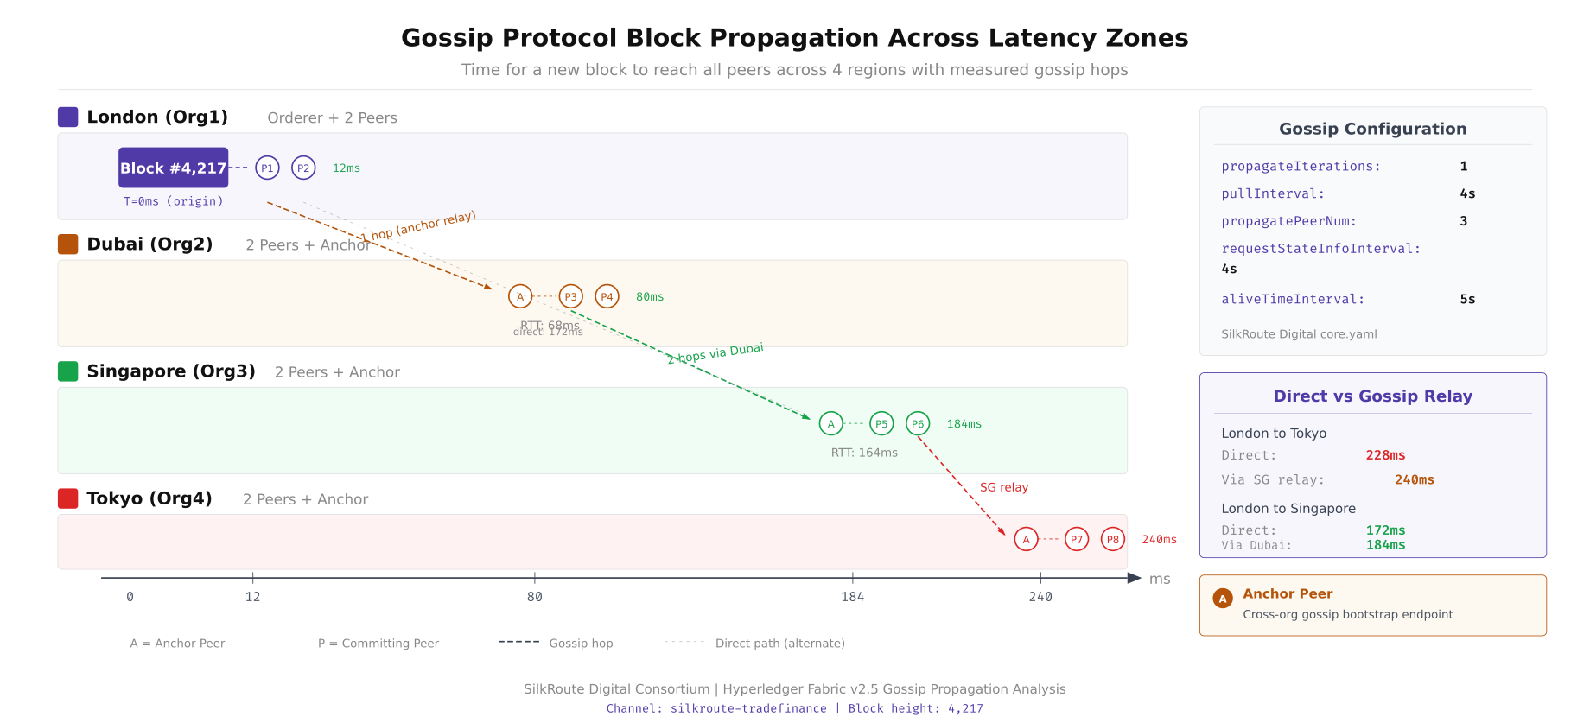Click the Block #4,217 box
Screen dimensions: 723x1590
coord(173,168)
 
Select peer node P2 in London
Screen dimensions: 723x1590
coord(303,168)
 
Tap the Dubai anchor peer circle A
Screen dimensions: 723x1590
coord(520,296)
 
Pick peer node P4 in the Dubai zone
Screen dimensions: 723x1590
coord(607,296)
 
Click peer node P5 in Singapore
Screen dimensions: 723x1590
coord(881,423)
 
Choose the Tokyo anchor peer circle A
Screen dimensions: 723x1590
coord(1026,539)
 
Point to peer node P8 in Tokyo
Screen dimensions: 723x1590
coord(1113,539)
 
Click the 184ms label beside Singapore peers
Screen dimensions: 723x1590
coord(964,424)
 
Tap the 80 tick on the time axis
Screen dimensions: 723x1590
coord(535,596)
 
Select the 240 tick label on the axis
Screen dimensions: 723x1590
coord(1040,597)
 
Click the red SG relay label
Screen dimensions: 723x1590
coord(1004,487)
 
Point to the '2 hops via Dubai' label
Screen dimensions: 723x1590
coord(715,353)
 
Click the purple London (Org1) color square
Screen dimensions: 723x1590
coord(67,117)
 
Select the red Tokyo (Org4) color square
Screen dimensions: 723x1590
coord(67,498)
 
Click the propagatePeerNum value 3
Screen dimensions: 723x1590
coord(1464,221)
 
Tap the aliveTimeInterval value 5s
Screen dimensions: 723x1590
coord(1467,299)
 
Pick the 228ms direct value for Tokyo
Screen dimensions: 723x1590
coord(1385,455)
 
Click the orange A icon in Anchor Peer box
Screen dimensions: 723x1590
coord(1223,599)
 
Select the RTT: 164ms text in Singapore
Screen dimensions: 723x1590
coord(864,453)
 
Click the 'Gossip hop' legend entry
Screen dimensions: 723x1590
coord(581,643)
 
